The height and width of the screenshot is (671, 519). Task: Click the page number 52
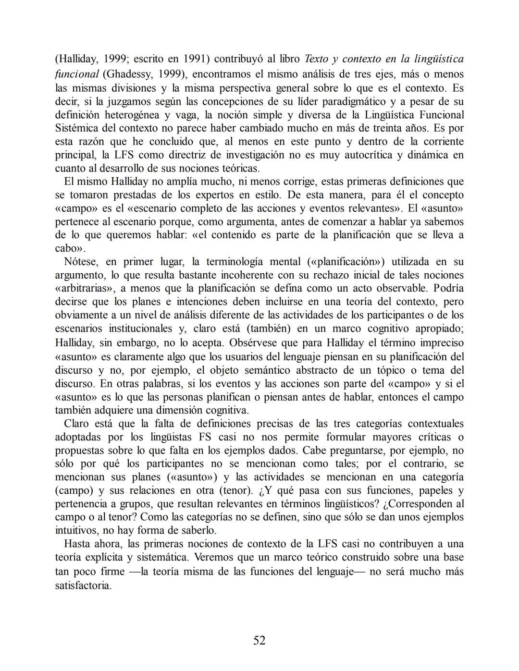tap(259, 640)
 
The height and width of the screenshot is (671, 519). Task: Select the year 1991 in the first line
tap(196, 59)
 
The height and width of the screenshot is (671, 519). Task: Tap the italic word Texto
tap(317, 59)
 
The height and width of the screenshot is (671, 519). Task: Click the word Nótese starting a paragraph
tap(81, 262)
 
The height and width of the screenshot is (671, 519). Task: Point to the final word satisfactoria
tap(83, 586)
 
